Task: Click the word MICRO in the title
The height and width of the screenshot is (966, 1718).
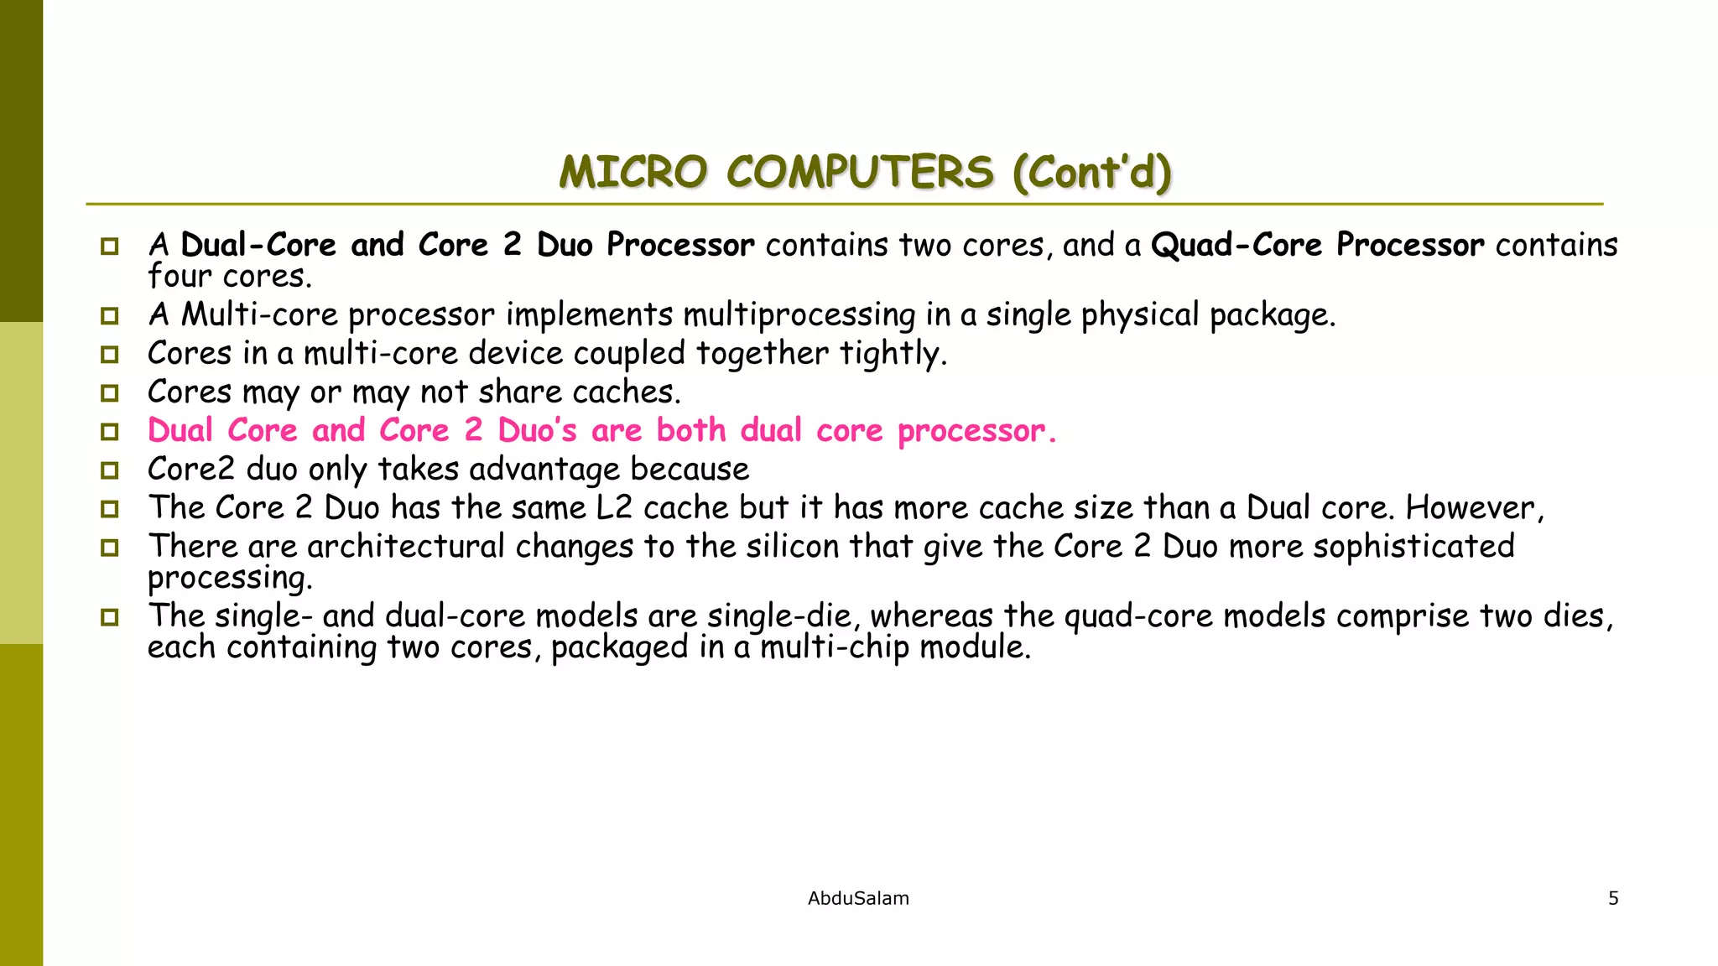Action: coord(633,173)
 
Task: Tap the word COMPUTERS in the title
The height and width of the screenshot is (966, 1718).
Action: coord(860,173)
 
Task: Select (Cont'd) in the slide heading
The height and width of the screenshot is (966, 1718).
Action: coord(1091,173)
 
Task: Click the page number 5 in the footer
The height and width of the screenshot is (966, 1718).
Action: coord(1612,898)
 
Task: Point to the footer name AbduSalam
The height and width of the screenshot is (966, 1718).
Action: coord(857,898)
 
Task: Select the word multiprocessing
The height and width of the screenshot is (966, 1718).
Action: coord(799,315)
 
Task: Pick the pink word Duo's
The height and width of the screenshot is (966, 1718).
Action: coord(537,431)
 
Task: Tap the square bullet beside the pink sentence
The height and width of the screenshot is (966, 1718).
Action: coord(110,432)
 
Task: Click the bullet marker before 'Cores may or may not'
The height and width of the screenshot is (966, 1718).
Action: coord(110,393)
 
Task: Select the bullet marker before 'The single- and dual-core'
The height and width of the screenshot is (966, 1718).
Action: coord(110,617)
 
